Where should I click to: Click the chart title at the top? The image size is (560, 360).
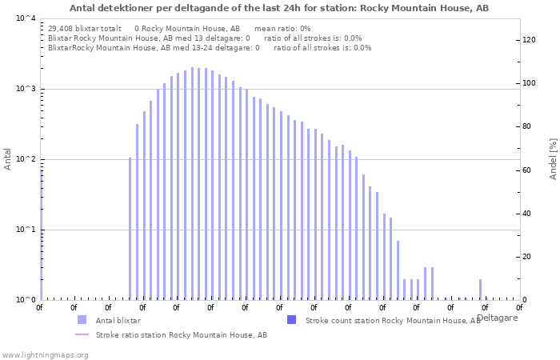(279, 8)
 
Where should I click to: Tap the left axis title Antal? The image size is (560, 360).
(8, 159)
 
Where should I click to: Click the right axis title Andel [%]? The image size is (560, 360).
(553, 158)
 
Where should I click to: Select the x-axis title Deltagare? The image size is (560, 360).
(497, 318)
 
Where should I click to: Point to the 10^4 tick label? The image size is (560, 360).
(26, 18)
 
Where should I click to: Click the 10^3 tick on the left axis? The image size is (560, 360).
(26, 89)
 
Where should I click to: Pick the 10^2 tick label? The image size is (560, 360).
(26, 159)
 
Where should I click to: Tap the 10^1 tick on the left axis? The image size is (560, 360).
(26, 230)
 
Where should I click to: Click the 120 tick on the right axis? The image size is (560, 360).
(530, 40)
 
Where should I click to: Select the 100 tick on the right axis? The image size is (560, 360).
(530, 83)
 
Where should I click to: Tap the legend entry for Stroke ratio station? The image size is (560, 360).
(181, 335)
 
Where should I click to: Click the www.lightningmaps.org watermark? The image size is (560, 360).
(45, 354)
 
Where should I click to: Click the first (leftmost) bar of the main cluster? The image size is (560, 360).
(130, 228)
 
